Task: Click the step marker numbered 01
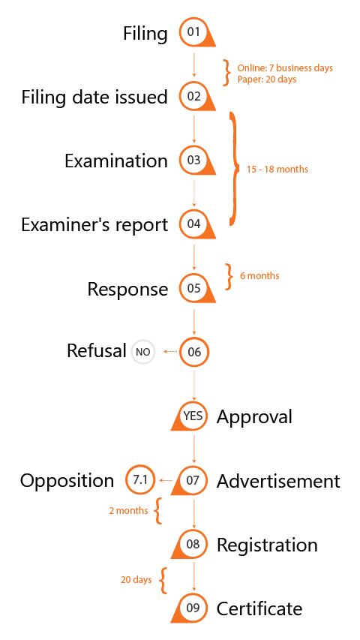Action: click(194, 32)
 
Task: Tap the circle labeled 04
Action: click(194, 224)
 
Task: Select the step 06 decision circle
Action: click(194, 352)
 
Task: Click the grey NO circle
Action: click(142, 352)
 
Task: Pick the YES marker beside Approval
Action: click(192, 416)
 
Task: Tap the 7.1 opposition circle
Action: click(140, 480)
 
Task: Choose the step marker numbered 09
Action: click(192, 608)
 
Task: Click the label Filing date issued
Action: click(94, 97)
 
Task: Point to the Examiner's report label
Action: click(94, 225)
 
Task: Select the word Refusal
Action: click(96, 350)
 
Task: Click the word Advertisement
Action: click(278, 481)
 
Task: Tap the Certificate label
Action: click(259, 608)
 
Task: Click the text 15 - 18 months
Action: click(277, 169)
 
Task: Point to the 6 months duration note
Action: click(259, 275)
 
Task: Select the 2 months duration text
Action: click(128, 510)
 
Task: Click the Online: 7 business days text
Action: click(285, 68)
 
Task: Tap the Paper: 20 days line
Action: click(267, 80)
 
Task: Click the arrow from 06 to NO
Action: click(170, 351)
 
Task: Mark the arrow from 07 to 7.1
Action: click(166, 480)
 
